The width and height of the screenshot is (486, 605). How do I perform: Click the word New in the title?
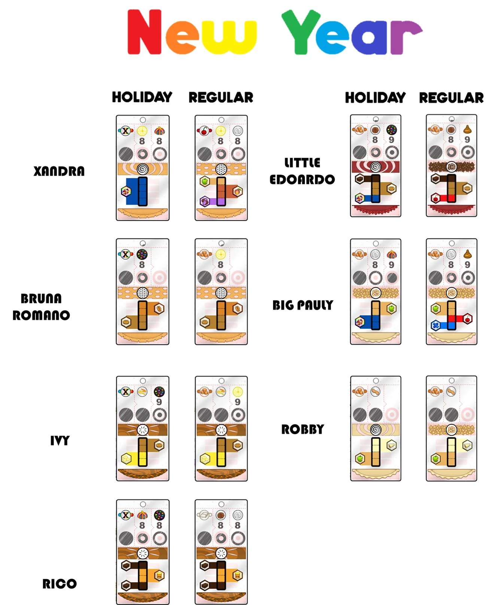point(192,33)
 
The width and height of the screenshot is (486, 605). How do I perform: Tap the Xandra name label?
point(59,171)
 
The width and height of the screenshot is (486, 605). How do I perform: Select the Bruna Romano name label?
point(41,307)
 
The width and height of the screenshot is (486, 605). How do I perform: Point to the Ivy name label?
point(60,440)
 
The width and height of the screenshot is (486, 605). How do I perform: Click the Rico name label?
point(59,583)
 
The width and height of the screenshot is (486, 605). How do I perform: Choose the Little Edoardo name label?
point(302,171)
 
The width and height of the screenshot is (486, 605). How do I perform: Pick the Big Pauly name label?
point(303,305)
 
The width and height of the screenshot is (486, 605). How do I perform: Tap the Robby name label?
point(303,429)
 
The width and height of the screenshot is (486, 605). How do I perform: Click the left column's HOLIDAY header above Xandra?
point(142,97)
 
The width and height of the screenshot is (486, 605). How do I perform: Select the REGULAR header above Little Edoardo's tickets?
point(451,98)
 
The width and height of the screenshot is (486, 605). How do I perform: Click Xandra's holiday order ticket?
point(142,168)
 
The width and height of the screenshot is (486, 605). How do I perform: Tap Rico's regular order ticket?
point(221,551)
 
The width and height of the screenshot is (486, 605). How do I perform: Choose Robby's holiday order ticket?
point(376,428)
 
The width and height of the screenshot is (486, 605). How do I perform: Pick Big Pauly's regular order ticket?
point(451,291)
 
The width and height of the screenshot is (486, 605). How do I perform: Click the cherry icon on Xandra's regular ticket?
point(204,131)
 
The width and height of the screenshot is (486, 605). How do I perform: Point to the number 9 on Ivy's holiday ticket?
point(159,402)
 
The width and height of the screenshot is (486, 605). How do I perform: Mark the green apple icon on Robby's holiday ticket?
point(360,458)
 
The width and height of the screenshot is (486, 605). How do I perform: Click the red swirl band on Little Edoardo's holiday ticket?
point(375,166)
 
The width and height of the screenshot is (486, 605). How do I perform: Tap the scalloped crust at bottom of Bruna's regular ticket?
point(221,337)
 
